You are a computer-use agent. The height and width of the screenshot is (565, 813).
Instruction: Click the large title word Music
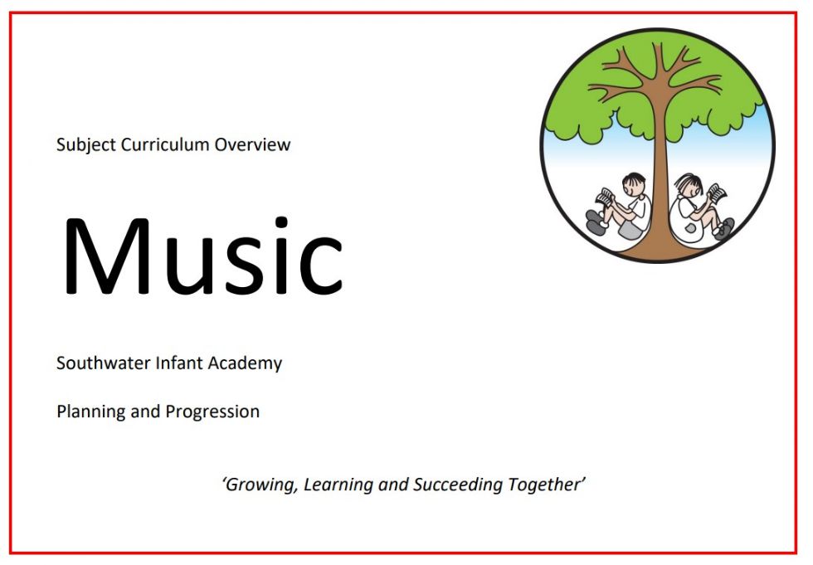pyautogui.click(x=202, y=255)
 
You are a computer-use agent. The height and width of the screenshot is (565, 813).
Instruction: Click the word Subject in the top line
pyautogui.click(x=86, y=144)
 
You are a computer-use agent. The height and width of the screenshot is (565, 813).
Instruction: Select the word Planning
pyautogui.click(x=90, y=412)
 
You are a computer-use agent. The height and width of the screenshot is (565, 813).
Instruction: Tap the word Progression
pyautogui.click(x=212, y=412)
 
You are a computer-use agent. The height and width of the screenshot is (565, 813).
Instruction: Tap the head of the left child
pyautogui.click(x=634, y=184)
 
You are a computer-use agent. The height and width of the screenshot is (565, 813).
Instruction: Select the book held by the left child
pyautogui.click(x=606, y=197)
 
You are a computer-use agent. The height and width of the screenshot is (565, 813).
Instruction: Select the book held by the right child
pyautogui.click(x=717, y=193)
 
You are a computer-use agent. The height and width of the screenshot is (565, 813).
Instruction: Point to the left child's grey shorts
pyautogui.click(x=629, y=230)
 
